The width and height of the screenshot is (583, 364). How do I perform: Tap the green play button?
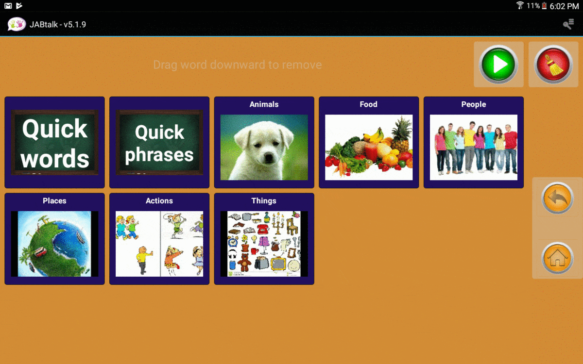[498, 64]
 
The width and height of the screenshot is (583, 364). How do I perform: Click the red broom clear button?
[553, 64]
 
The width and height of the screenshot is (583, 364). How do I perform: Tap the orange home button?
[557, 258]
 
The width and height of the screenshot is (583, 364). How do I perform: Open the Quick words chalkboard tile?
[54, 143]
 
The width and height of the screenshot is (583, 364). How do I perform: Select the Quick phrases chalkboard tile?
[159, 143]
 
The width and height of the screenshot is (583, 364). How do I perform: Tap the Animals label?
[264, 104]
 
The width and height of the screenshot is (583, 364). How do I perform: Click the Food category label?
[369, 104]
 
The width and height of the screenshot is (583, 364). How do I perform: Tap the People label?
[473, 104]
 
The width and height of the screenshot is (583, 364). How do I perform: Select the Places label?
[54, 201]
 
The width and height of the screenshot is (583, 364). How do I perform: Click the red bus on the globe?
[40, 252]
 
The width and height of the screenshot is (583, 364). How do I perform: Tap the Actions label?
[159, 201]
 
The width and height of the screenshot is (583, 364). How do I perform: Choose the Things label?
[264, 201]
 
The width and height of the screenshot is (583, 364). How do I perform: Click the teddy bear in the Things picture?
[244, 263]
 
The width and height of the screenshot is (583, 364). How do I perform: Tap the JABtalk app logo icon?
[17, 24]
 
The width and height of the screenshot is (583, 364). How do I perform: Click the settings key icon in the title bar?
[568, 24]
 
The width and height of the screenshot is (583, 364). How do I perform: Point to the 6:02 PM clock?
[564, 6]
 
